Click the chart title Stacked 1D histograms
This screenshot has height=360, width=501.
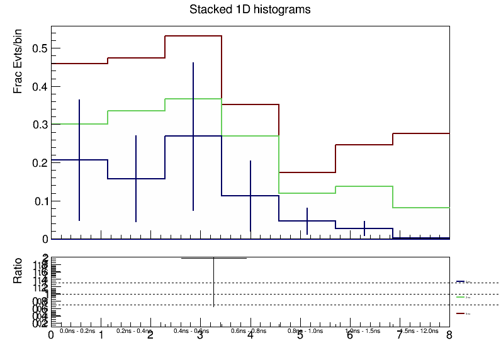pos(250,10)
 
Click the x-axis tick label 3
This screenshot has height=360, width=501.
pos(200,336)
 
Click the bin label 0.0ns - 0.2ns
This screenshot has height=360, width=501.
pos(77,330)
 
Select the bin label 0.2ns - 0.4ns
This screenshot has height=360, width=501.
pos(134,330)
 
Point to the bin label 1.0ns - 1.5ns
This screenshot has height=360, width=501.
pos(363,330)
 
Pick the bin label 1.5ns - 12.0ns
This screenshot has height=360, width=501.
pos(419,330)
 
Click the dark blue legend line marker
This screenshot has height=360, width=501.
pos(460,281)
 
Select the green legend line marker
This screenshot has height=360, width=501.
pos(460,297)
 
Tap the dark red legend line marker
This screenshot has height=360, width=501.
pos(460,313)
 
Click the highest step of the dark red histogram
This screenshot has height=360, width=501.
pos(193,36)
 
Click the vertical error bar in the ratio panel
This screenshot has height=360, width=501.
pos(214,281)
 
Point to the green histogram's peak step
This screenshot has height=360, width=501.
pos(193,99)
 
